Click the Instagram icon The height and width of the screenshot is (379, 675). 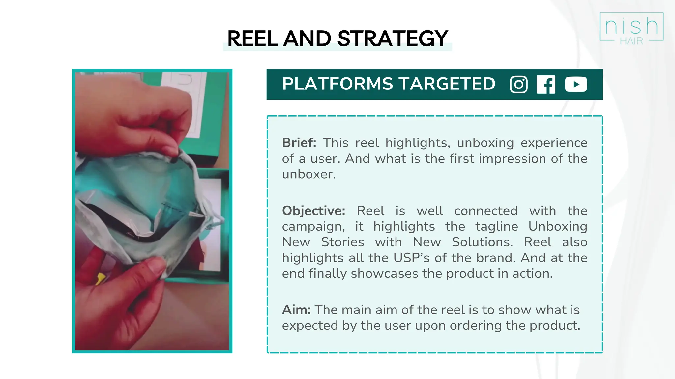518,85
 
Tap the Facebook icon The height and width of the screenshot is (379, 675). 546,85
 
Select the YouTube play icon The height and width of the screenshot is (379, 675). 576,84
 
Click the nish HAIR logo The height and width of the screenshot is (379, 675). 631,28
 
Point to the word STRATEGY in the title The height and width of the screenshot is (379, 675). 393,38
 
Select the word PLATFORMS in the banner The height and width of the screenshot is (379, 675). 337,84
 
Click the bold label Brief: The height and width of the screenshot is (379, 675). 299,143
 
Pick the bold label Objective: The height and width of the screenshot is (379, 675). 313,211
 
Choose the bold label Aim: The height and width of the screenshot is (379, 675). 296,310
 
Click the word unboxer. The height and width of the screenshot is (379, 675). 308,174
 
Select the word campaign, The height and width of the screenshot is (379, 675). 313,227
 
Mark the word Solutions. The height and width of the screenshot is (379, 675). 482,242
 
